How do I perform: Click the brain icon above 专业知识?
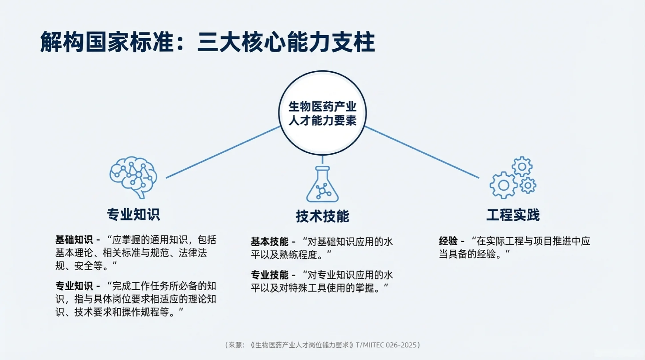tap(133, 177)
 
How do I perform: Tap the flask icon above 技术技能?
tap(322, 185)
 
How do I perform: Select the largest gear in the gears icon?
tap(503, 185)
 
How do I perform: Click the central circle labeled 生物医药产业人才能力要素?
tap(322, 113)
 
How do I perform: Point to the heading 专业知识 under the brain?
tap(133, 214)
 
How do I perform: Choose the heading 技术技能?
tap(322, 216)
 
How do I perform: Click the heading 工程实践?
tap(513, 215)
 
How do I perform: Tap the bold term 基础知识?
tap(74, 240)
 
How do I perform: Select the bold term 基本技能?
tap(269, 241)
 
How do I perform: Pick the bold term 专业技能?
tap(269, 275)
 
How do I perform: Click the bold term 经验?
tap(448, 241)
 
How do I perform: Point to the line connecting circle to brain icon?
tap(223, 152)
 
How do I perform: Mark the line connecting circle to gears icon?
tap(422, 152)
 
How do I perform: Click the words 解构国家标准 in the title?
tap(107, 42)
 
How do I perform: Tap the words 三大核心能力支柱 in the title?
tap(286, 42)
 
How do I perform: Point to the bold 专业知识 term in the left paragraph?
tap(74, 286)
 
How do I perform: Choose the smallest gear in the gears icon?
tap(528, 186)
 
